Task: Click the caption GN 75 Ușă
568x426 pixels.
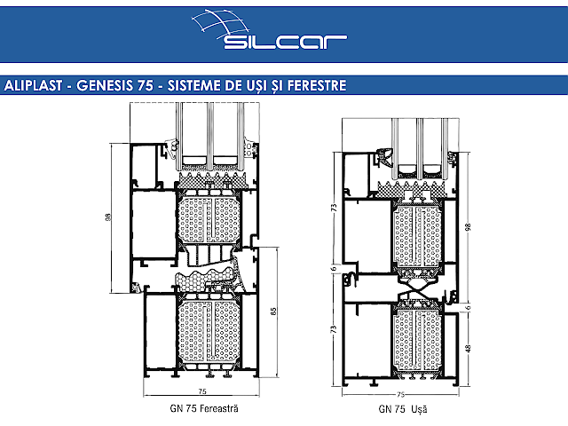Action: pos(403,410)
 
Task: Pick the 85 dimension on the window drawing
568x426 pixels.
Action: pos(274,311)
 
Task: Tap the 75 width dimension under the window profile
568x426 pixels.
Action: pos(202,391)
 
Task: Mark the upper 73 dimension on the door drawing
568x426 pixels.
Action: pos(332,207)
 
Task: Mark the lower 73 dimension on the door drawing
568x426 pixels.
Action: pos(332,329)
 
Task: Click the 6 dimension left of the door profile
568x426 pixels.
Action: pos(332,269)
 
